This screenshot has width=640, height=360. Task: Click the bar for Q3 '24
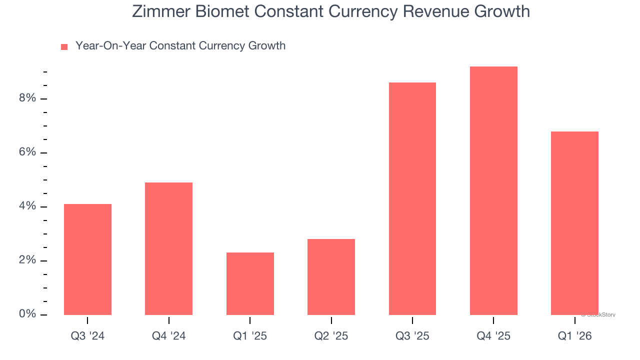(87, 259)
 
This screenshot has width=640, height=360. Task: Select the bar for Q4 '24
(168, 248)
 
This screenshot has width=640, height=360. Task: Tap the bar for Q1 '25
(250, 283)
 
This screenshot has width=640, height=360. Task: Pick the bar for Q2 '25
(331, 277)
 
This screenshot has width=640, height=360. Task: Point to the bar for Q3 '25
(412, 198)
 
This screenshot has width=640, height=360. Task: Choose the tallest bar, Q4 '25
(493, 190)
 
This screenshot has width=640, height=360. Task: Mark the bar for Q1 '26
(574, 223)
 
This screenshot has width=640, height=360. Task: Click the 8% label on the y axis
(27, 98)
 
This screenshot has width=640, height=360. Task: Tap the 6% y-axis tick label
(27, 152)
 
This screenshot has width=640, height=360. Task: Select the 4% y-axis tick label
(27, 206)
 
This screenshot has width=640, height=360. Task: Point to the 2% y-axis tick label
(27, 260)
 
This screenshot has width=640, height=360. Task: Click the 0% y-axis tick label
(27, 314)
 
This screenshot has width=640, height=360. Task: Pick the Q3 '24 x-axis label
(87, 336)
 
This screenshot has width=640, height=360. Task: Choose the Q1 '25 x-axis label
(250, 336)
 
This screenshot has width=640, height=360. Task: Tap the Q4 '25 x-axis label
(493, 336)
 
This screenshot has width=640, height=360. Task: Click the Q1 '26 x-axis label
(574, 336)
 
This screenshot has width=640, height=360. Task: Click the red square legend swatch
(64, 47)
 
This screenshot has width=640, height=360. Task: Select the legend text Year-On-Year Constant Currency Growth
(180, 46)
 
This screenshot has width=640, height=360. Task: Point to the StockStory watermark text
(598, 315)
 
